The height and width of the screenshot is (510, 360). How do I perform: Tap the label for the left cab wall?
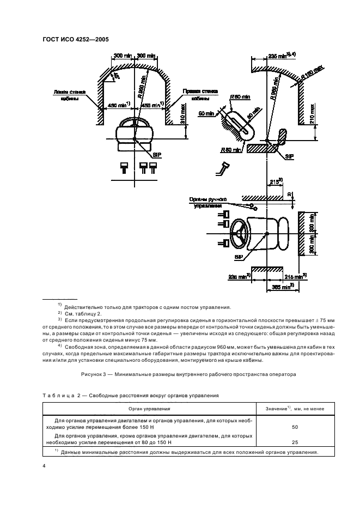(66, 95)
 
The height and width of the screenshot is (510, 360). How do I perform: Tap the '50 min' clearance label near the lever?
(207, 113)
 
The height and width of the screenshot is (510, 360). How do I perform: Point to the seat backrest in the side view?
(282, 136)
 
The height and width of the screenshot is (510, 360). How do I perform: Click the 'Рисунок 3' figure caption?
(179, 375)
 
